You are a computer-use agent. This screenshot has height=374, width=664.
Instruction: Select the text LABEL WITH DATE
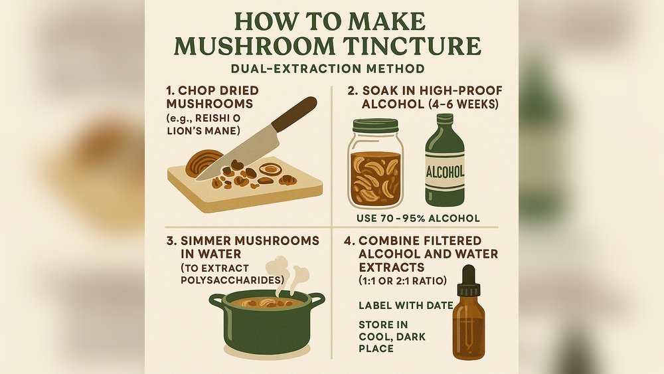[405, 306]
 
